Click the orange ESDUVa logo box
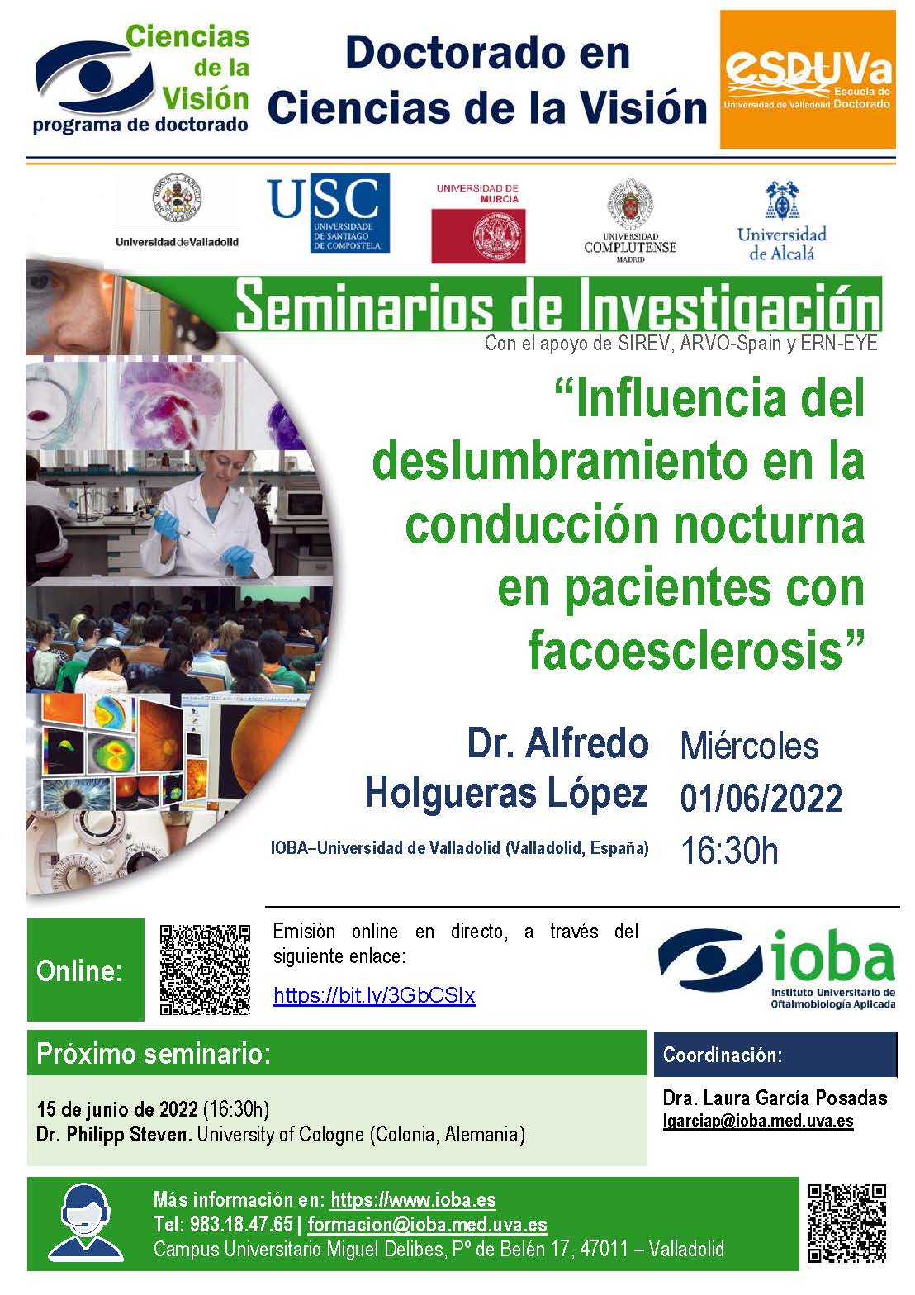[x=808, y=80]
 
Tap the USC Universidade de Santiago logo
[x=329, y=213]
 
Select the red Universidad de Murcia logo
[x=479, y=223]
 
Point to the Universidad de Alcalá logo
[x=782, y=221]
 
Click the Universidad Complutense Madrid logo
[x=630, y=221]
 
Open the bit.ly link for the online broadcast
[x=374, y=995]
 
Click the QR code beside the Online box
[x=205, y=970]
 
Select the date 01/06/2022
[x=761, y=799]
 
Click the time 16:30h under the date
[x=729, y=851]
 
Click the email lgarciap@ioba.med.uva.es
[x=758, y=1121]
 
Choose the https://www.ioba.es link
[x=413, y=1199]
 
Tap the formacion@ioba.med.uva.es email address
[x=427, y=1224]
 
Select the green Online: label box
[x=86, y=970]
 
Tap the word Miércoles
[x=749, y=747]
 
